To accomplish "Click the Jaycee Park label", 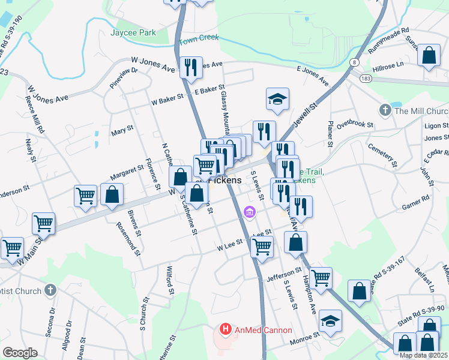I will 133,32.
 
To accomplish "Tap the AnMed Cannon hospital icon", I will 225,329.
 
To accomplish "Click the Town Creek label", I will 199,38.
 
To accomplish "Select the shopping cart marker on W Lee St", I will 262,245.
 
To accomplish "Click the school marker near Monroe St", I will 330,321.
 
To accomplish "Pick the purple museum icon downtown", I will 250,212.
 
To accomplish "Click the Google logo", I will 20,352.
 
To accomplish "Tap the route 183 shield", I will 365,79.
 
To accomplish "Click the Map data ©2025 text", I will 424,355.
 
